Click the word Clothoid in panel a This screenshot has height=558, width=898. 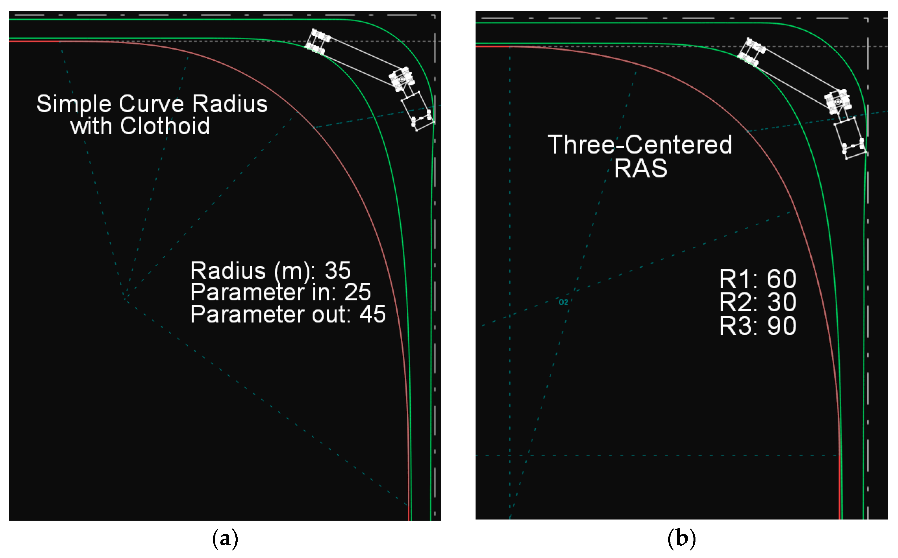pyautogui.click(x=165, y=126)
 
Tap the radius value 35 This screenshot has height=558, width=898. pyautogui.click(x=338, y=271)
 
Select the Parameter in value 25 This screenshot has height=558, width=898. pyautogui.click(x=357, y=292)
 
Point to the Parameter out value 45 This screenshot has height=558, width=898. pyautogui.click(x=373, y=314)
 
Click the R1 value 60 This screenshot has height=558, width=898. pyautogui.click(x=781, y=279)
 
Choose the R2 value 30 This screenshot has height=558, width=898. pyautogui.click(x=781, y=302)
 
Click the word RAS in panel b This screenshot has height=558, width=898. pyautogui.click(x=640, y=168)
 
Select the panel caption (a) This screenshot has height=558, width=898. pyautogui.click(x=225, y=539)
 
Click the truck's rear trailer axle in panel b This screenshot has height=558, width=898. pyautogui.click(x=751, y=52)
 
